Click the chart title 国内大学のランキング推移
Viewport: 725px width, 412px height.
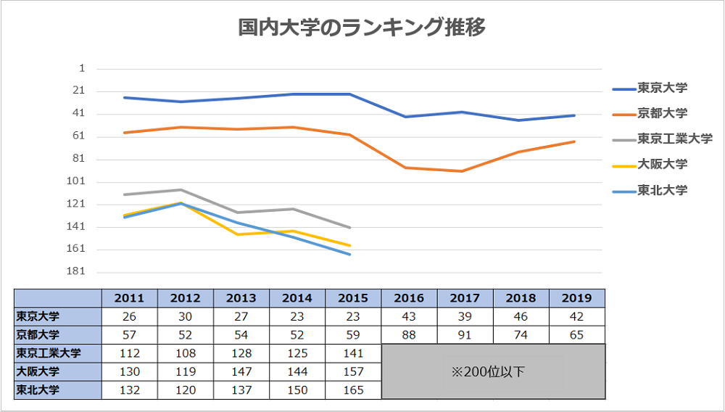point(362,28)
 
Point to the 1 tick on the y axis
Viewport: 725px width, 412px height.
point(82,68)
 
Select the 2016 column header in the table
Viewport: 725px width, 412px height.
point(409,298)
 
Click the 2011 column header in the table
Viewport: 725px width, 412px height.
point(129,298)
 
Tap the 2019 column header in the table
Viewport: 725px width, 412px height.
point(577,298)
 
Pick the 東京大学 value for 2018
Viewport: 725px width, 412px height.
point(521,317)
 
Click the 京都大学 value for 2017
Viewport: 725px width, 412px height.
point(465,335)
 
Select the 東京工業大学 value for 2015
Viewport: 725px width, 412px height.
point(353,354)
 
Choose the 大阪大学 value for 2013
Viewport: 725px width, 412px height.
point(241,372)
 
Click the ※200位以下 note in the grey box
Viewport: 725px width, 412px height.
point(493,372)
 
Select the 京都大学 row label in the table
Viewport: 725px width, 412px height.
point(39,335)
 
